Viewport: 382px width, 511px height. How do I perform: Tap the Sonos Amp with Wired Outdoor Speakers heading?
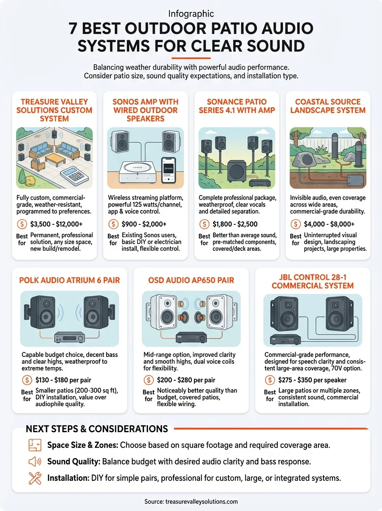click(x=145, y=110)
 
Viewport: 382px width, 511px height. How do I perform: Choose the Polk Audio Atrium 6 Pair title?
click(x=69, y=280)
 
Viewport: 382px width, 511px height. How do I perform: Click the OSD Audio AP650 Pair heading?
click(x=191, y=280)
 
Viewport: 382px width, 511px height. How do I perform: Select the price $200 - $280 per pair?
click(x=187, y=380)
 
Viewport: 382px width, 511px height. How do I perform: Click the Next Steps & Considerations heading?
click(x=97, y=429)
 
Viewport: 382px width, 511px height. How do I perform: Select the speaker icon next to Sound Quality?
click(x=35, y=462)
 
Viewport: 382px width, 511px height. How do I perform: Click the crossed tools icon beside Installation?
click(x=35, y=478)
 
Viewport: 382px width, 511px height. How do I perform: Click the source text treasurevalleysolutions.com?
click(x=191, y=502)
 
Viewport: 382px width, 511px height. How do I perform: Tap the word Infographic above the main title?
click(x=191, y=14)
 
